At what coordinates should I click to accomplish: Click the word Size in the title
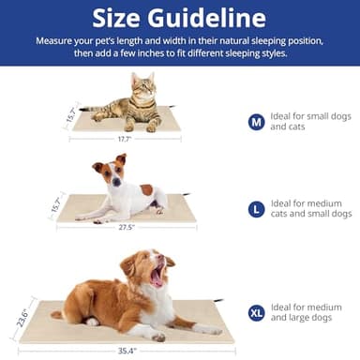click(x=123, y=18)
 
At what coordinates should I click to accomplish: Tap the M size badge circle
click(x=256, y=122)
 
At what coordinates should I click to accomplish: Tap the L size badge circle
click(x=256, y=209)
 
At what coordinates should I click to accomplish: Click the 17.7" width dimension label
click(x=124, y=140)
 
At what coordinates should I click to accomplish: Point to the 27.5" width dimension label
click(x=126, y=228)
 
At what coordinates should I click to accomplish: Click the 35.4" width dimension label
click(x=127, y=351)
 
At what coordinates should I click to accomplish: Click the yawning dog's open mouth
click(x=157, y=276)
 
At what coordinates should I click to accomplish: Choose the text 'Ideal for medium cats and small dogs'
click(x=309, y=209)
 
